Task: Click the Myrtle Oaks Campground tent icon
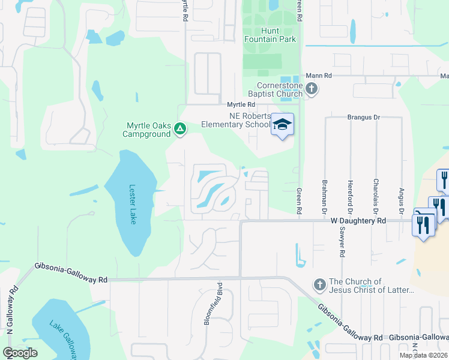(179, 128)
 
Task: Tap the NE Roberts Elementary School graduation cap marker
(282, 125)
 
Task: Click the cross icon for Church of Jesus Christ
(319, 283)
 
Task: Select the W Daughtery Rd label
(358, 221)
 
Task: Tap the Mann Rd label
(319, 76)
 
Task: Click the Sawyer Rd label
(342, 244)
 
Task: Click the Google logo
(20, 353)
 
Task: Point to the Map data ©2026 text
(423, 355)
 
